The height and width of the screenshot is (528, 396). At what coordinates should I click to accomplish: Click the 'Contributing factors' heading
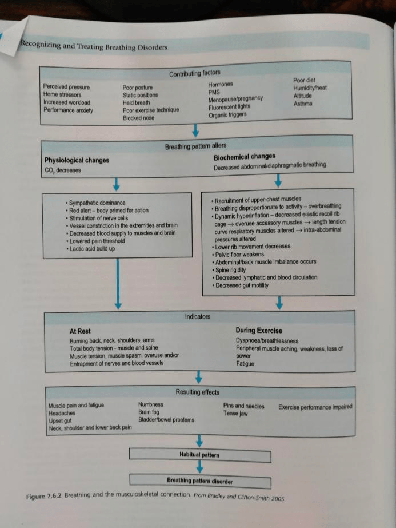(x=194, y=73)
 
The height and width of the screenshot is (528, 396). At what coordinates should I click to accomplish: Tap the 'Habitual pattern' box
(x=199, y=455)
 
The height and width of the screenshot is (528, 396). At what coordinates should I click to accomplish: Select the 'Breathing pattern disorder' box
(x=199, y=481)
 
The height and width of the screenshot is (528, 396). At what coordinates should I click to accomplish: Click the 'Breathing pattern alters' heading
(x=195, y=147)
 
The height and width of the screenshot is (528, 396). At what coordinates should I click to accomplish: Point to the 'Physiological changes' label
(x=77, y=160)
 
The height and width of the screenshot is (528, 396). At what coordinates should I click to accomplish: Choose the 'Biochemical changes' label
(x=244, y=157)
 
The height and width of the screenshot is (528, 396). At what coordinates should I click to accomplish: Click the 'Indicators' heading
(x=197, y=316)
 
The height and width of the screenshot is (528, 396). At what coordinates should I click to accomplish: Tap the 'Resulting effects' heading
(x=198, y=392)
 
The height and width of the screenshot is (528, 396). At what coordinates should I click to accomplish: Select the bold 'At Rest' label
(x=79, y=331)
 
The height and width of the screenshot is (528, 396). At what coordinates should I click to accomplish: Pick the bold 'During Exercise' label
(x=258, y=331)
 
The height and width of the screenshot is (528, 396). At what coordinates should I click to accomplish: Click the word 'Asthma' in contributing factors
(x=303, y=104)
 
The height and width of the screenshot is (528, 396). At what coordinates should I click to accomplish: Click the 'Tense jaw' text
(x=235, y=414)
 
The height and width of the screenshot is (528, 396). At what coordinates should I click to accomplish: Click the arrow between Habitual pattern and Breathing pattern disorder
(x=199, y=467)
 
